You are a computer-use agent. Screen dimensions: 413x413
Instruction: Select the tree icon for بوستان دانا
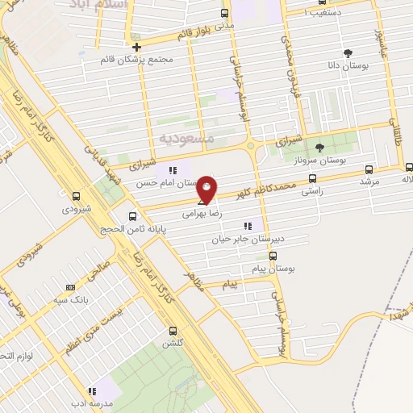(x=348, y=53)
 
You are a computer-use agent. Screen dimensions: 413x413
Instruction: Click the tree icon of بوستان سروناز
(x=319, y=148)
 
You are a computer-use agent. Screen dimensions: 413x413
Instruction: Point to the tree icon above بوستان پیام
(x=272, y=257)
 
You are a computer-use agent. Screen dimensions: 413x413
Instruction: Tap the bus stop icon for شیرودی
(x=76, y=196)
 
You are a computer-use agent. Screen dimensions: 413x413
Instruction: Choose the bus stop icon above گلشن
(x=172, y=331)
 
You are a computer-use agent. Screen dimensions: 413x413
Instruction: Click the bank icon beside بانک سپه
(x=70, y=286)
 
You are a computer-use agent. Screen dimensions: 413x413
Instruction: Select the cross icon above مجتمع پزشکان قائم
(x=137, y=47)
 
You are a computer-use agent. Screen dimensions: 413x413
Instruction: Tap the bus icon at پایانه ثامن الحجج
(x=133, y=215)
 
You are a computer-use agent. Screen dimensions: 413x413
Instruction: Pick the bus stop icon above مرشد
(x=369, y=169)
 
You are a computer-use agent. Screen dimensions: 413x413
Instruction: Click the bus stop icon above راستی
(x=312, y=179)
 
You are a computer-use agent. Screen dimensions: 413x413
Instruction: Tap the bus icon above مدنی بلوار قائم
(x=224, y=14)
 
